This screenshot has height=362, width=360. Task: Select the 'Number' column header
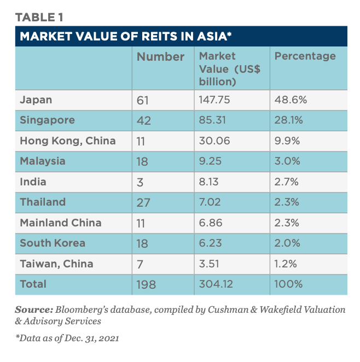coord(160,56)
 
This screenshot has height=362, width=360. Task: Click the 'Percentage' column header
coord(305,56)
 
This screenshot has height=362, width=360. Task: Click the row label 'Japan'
coord(36,100)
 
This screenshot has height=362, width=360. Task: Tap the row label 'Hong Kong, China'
coord(68,141)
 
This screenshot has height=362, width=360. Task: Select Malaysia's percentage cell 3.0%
coord(287,161)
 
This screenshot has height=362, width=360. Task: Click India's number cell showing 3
coord(140,182)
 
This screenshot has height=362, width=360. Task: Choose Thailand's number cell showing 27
coord(143,202)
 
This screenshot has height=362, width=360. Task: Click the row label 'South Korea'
coord(53,243)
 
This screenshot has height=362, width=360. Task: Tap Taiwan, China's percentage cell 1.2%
coord(286,264)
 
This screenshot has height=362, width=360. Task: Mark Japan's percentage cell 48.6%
coord(291,100)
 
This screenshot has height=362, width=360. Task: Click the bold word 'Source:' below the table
coord(34,310)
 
